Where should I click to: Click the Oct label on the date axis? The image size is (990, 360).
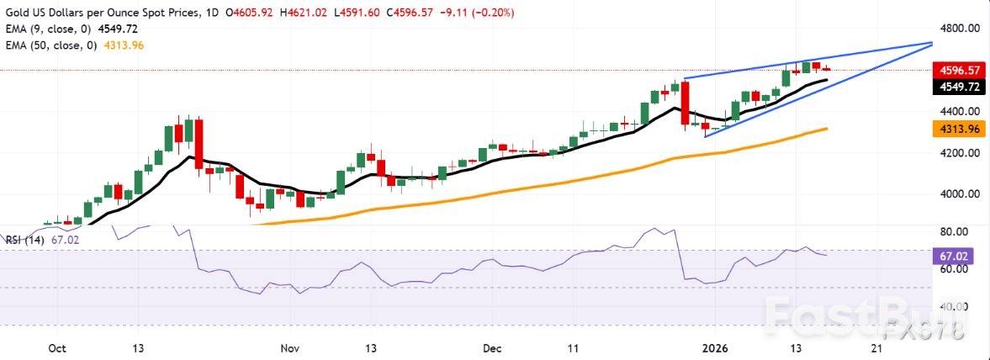tap(57, 347)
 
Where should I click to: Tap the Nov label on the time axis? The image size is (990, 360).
tap(289, 347)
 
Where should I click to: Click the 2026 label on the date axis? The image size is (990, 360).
tap(716, 347)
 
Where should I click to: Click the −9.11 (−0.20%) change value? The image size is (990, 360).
tap(484, 13)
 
